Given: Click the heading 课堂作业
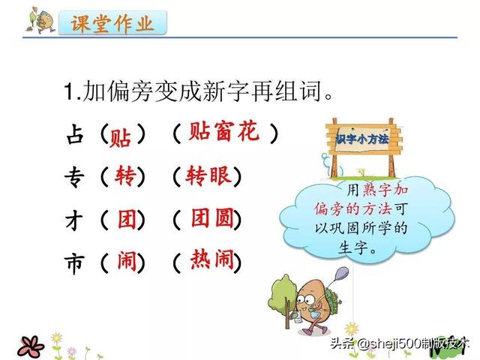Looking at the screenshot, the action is [x=112, y=23].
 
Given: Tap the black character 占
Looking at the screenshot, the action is [x=75, y=134].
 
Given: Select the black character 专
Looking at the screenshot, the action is [x=74, y=178].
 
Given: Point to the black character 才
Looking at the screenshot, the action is [x=74, y=220].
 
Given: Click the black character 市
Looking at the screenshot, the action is [x=74, y=264].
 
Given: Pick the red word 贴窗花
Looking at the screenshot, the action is [x=223, y=131].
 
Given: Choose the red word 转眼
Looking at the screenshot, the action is [x=208, y=175].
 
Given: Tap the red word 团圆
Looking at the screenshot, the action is [x=213, y=218].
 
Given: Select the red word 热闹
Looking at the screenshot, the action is [x=212, y=259].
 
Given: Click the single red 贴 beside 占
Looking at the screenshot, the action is [x=120, y=138].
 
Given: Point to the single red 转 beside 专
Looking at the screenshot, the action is [x=125, y=175].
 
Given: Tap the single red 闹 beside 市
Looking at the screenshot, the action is [x=127, y=261].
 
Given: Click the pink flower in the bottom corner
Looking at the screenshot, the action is [x=31, y=346].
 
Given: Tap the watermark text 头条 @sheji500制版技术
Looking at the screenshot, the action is [x=399, y=343].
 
